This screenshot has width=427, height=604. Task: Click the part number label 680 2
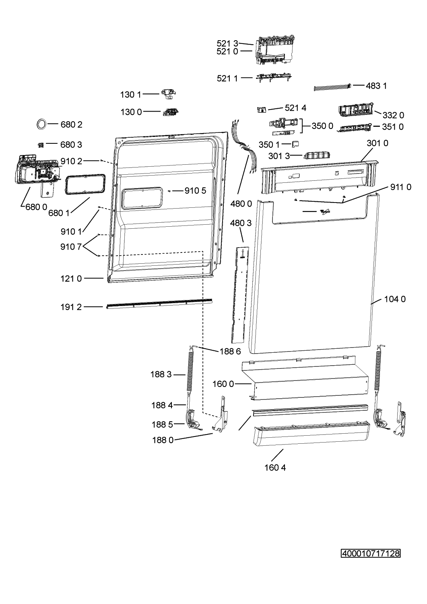coord(71,124)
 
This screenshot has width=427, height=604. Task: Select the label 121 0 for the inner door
coord(71,279)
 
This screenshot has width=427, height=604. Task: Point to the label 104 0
coord(395,299)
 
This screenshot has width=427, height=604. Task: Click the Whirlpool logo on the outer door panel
coord(324,212)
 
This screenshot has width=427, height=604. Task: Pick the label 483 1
coord(376,86)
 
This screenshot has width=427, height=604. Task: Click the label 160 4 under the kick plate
coord(275,467)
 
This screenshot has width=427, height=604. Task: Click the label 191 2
coord(71,307)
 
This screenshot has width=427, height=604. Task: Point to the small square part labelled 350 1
coord(295,143)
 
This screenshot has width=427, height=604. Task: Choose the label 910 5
coord(195,190)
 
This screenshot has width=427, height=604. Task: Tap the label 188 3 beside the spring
coord(161,374)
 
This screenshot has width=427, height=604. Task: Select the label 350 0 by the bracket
coord(322,126)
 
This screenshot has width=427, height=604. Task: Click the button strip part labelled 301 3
coord(317,155)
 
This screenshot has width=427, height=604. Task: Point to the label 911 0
coord(401,187)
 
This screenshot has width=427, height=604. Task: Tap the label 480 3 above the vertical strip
coord(241,223)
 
